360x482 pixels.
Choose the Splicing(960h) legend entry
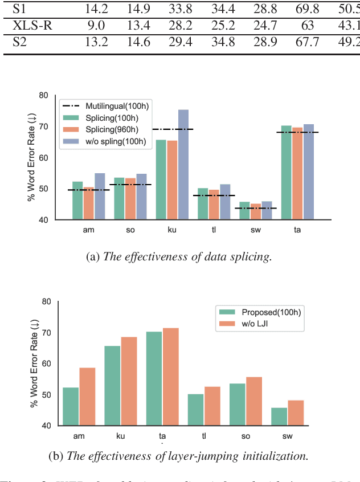pos(113,130)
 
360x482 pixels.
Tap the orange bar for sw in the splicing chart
pos(256,211)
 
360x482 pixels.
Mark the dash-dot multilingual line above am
pos(88,190)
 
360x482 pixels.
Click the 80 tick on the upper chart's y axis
pos(46,96)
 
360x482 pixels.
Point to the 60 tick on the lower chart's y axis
pos(46,363)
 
